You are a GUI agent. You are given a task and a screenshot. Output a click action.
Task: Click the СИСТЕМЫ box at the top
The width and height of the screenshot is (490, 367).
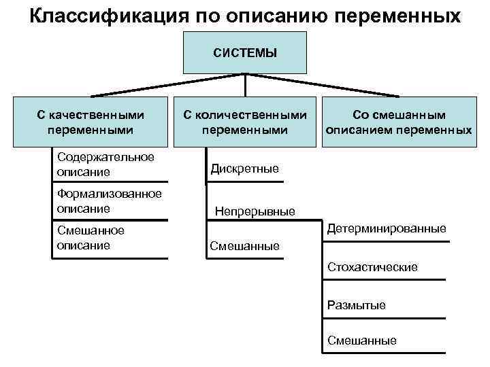pos(245,52)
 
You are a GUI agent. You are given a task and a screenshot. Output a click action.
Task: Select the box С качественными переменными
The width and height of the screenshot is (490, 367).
pos(91,122)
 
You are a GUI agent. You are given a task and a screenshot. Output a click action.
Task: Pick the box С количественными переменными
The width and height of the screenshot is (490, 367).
pos(245,122)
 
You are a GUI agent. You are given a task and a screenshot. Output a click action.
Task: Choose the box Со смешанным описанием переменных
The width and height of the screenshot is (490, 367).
pos(398,122)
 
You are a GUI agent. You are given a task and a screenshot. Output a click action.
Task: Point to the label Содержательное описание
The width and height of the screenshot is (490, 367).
pos(105,164)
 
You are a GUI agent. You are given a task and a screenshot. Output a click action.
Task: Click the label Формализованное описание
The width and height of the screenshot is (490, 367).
pos(109,201)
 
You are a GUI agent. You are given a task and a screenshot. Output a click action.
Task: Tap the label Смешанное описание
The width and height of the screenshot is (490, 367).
pos(91,238)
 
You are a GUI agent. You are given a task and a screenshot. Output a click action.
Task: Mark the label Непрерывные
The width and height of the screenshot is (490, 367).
pos(255,211)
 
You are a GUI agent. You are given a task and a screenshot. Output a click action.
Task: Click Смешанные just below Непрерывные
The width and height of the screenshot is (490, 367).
pos(244,246)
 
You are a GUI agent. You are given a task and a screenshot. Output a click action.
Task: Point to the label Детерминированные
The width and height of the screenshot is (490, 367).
pos(387,229)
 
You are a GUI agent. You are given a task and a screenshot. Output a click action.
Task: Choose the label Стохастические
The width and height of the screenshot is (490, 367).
pos(372,267)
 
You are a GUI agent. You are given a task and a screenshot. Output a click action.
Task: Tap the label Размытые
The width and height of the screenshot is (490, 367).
pos(356,305)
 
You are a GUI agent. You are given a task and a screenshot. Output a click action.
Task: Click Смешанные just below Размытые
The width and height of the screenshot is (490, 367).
pos(361,341)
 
